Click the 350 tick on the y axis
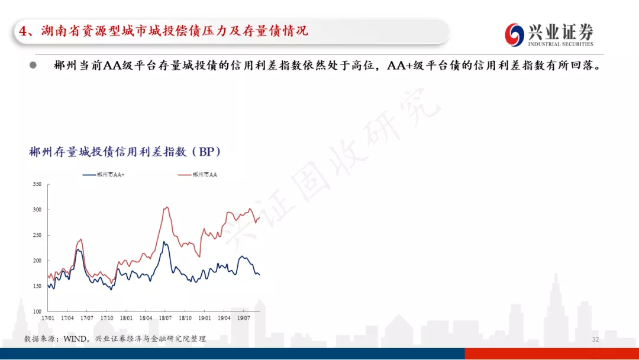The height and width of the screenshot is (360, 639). [37, 184]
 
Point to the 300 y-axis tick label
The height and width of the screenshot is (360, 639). [37, 210]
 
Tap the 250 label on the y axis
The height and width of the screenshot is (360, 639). [37, 235]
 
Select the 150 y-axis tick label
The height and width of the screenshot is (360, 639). [37, 286]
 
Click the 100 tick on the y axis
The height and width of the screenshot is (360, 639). [37, 311]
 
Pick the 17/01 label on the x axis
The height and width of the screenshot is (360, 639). [48, 318]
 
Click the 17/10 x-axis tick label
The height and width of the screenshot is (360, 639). [106, 318]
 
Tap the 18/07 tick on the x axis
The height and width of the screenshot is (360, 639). [165, 318]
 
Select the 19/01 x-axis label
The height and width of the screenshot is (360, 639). [205, 318]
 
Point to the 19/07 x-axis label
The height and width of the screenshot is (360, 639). [244, 318]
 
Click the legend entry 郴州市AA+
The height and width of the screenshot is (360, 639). [104, 175]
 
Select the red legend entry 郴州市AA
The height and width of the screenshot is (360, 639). [198, 175]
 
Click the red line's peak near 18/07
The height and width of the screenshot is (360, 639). [166, 207]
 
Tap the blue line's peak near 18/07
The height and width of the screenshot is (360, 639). [164, 242]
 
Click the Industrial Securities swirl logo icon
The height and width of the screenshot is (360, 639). [514, 35]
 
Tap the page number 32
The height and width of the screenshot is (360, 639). [595, 339]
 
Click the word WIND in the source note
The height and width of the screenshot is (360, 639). [75, 339]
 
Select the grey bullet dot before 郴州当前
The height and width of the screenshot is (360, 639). [33, 65]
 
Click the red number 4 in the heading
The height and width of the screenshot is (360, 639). [23, 31]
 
